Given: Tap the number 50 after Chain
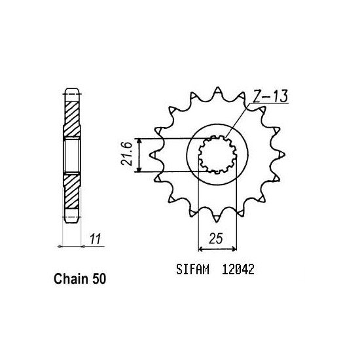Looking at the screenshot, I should pos(96,279).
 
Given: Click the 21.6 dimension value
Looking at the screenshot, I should pos(129,155).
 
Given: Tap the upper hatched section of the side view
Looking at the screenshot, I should pos(71,118).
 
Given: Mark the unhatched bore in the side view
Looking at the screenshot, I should pos(71,155).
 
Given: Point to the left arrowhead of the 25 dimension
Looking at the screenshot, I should pos(200,248).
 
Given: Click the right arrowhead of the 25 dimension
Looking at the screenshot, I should pos(234,248).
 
